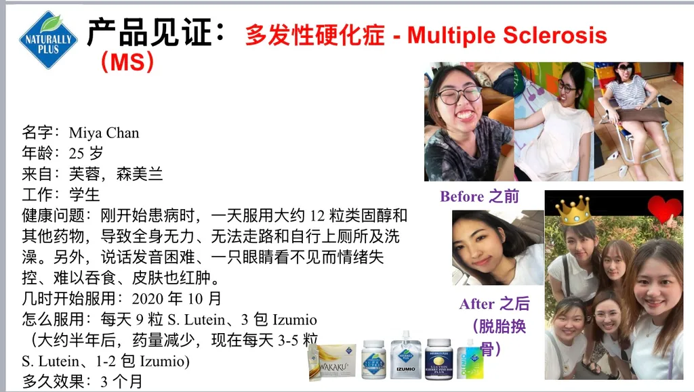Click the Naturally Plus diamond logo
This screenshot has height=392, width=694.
click(48, 40)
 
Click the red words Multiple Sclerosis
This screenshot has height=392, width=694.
click(507, 35)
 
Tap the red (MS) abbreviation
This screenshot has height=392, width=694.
click(127, 62)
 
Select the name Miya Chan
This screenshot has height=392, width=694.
click(104, 133)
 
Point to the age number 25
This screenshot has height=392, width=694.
click(76, 154)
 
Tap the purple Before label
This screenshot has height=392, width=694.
click(462, 196)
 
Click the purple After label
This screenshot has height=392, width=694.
click(476, 304)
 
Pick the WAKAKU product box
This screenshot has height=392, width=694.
click(333, 362)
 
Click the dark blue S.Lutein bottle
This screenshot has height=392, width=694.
click(438, 360)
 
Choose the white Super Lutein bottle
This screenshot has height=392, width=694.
click(373, 360)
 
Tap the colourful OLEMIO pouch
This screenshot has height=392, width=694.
click(470, 360)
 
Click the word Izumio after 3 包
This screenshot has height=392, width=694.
click(294, 320)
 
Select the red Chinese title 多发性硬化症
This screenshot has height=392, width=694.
click(315, 35)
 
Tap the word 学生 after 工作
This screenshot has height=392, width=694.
click(85, 194)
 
